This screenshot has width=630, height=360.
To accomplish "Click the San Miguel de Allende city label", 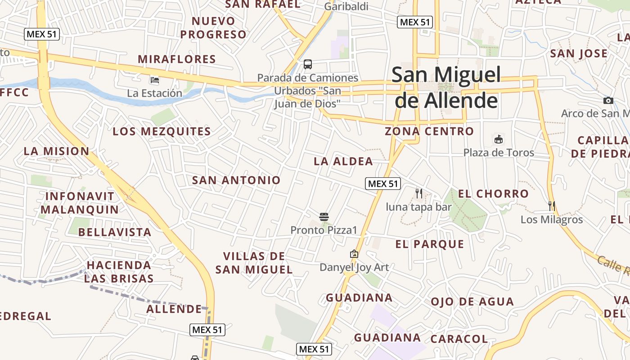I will tap(446, 87).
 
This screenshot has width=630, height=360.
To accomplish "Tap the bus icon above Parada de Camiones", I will tap(308, 64).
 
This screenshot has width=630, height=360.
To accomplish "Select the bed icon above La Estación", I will tap(154, 81).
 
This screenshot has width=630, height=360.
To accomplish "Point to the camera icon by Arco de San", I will tap(608, 100).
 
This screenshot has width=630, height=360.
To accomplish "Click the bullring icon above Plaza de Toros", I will tap(499, 139).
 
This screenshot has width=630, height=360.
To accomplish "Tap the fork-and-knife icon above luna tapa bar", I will tap(418, 193).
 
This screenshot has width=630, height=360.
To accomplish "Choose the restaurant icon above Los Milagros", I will tap(552, 206).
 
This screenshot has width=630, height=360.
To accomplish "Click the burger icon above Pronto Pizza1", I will tap(324, 217).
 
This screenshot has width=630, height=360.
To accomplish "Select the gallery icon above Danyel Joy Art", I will tap(354, 254).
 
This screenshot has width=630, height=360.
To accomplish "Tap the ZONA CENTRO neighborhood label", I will tap(429, 131).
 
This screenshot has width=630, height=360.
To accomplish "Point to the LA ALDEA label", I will tap(343, 161).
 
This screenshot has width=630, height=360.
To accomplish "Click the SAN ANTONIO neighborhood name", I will tap(236, 180).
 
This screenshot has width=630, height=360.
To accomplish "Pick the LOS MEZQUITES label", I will tap(162, 131).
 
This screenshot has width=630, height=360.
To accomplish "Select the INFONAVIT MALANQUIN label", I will tap(80, 203).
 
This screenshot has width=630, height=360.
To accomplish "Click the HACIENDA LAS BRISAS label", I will tap(119, 271).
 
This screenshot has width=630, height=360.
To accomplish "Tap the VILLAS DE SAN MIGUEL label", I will tap(254, 263).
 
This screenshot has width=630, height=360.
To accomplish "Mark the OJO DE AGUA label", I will tap(472, 301).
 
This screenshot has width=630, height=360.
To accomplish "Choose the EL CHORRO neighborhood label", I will tap(493, 194).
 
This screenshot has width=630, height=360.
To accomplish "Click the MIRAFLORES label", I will tap(177, 59).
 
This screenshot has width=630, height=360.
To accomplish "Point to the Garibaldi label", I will tap(346, 7).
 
